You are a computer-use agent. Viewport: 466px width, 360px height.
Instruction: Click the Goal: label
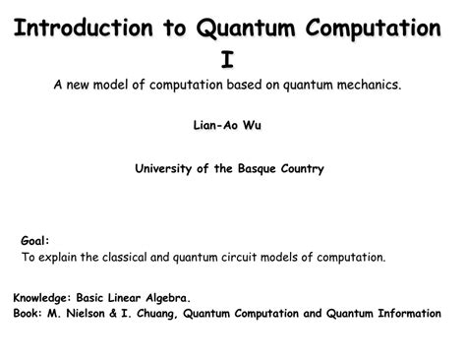[34, 240]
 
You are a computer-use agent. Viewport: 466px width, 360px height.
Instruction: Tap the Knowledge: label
[47, 295]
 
